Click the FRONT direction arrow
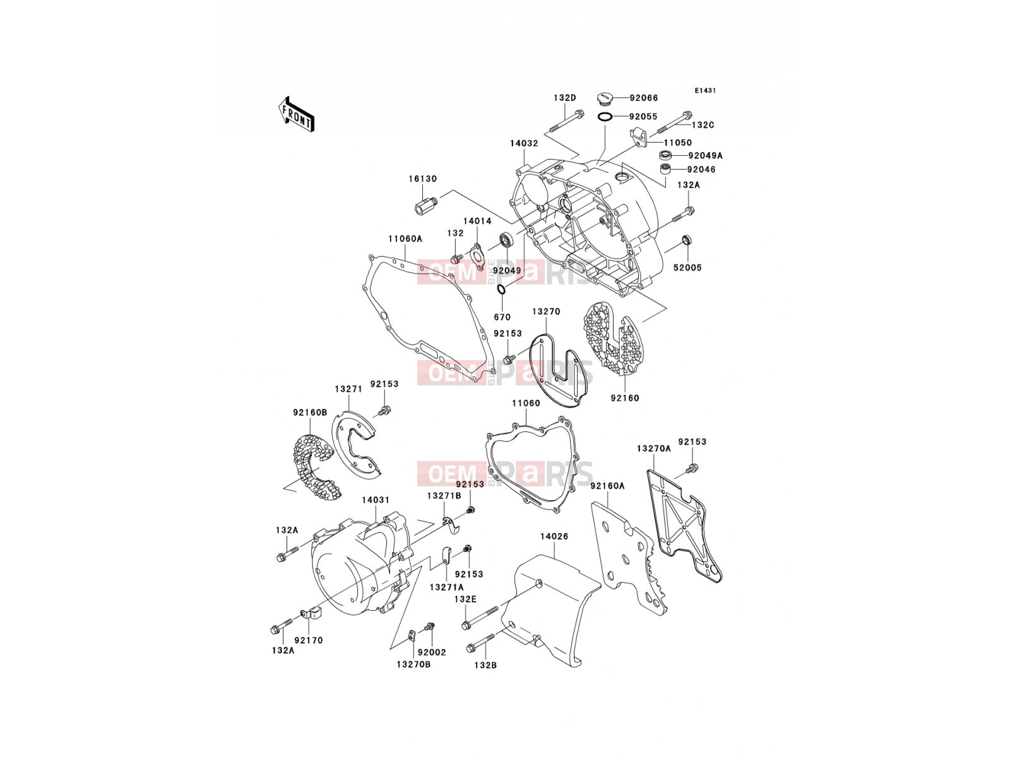coord(296,114)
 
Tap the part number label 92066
coord(644,98)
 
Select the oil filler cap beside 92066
coord(605,98)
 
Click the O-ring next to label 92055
coord(605,117)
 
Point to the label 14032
coord(524,143)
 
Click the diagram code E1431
coord(705,91)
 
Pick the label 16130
coord(422,179)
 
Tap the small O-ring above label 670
coord(502,290)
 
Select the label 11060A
coord(405,239)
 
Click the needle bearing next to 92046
coord(665,168)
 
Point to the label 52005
coord(687,267)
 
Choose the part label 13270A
coord(653,449)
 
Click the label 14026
coord(554,536)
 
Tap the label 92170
coord(308,640)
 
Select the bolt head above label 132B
coord(471,648)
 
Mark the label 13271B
coord(444,496)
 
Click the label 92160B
coord(310,413)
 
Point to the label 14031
coord(376,500)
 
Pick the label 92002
coord(432,652)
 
